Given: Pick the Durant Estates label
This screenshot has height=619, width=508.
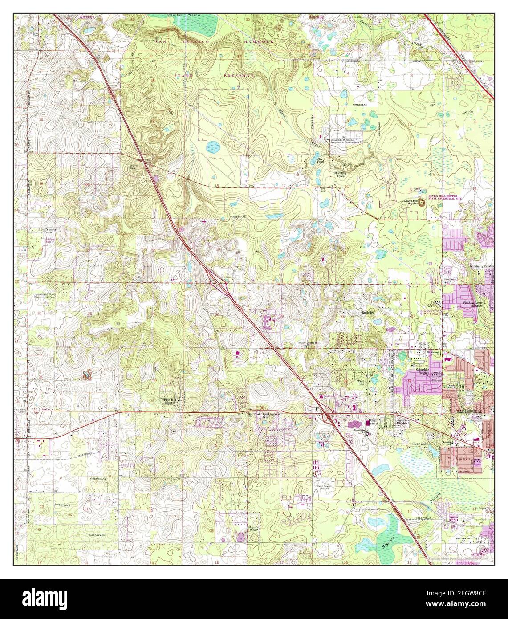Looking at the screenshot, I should (373, 421).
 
